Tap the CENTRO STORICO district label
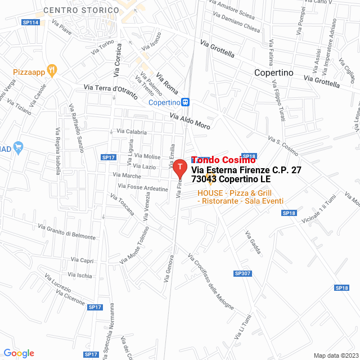pyautogui.click(x=81, y=10)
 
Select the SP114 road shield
pyautogui.click(x=30, y=22)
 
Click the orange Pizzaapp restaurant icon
pyautogui.click(x=51, y=70)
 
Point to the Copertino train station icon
pyautogui.click(x=186, y=102)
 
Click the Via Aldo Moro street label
pyautogui.click(x=190, y=122)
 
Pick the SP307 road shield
pyautogui.click(x=241, y=273)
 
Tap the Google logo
pyautogui.click(x=19, y=353)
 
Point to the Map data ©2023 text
pyautogui.click(x=335, y=355)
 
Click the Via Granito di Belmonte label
pyautogui.click(x=66, y=232)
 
